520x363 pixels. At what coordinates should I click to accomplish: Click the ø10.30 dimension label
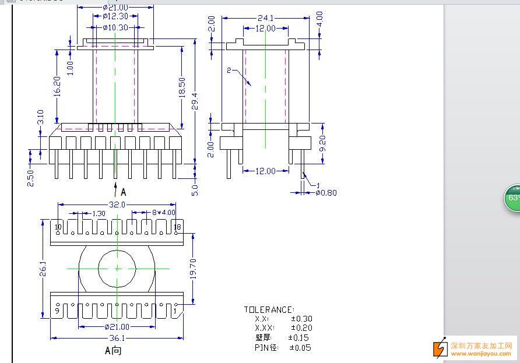click(x=115, y=27)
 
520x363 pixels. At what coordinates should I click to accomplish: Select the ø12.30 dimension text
click(x=115, y=17)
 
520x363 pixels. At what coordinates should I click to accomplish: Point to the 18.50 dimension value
click(x=181, y=87)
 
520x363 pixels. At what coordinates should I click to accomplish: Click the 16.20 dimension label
click(x=57, y=87)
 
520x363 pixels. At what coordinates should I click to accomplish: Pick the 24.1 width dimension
click(x=265, y=18)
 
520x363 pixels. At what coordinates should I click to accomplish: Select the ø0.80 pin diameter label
click(x=326, y=193)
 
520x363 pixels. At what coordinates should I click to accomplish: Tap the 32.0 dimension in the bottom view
click(x=117, y=205)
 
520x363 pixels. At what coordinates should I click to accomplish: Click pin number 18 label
click(x=177, y=227)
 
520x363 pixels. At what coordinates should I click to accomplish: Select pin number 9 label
click(x=57, y=311)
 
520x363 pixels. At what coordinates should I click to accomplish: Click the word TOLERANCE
click(x=269, y=310)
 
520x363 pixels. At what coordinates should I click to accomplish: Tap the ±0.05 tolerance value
click(x=300, y=348)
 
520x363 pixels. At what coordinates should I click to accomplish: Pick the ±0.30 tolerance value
click(x=301, y=319)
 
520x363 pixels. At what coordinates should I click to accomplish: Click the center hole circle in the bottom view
click(x=117, y=268)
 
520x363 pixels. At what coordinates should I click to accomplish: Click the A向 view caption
click(x=113, y=351)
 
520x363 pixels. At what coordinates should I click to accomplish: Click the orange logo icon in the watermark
click(x=439, y=348)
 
